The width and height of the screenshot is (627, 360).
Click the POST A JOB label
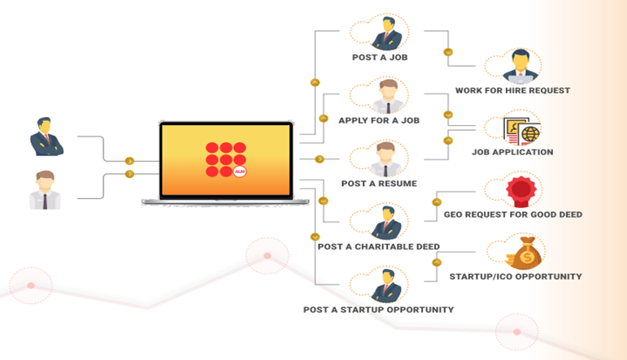381,58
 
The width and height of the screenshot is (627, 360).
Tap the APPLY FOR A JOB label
379,120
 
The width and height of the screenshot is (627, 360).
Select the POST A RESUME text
379,184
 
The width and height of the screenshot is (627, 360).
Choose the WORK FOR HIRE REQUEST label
512,90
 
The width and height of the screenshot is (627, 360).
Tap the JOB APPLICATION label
512,152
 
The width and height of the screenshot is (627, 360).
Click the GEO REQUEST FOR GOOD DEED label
513,215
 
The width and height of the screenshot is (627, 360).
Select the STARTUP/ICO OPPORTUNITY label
516,276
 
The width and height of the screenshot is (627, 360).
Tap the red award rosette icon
520,191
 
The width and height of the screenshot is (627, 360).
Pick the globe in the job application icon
529,132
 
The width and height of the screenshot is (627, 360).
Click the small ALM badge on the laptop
239,171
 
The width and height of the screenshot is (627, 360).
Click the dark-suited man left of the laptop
46,137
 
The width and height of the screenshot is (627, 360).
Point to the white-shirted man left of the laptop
45,190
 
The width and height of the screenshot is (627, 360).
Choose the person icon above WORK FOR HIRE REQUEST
520,67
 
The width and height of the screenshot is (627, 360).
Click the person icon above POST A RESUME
386,159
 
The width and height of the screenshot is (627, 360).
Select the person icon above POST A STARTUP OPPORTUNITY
386,286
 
